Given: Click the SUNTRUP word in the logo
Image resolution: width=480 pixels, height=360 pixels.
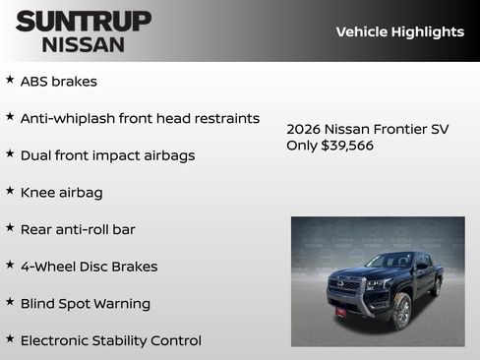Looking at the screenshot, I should (x=84, y=21).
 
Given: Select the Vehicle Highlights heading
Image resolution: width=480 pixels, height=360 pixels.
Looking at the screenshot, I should (x=399, y=31).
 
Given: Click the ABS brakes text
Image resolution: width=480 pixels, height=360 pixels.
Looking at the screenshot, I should (x=58, y=82).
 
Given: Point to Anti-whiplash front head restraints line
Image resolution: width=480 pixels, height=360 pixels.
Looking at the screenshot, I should (x=140, y=118).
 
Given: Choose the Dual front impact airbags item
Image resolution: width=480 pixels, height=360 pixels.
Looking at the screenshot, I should (x=107, y=155).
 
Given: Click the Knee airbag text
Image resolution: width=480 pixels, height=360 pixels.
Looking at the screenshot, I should (x=61, y=193).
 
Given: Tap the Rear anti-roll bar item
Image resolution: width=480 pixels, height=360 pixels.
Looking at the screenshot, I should (x=78, y=229).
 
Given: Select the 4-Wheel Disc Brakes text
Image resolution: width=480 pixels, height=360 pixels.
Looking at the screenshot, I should (x=89, y=267).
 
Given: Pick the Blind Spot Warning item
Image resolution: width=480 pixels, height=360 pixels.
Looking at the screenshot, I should (x=85, y=304).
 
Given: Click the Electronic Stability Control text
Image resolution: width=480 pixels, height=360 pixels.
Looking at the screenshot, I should (x=110, y=340).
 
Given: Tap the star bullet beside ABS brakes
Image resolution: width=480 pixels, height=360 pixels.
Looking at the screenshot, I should (x=10, y=80).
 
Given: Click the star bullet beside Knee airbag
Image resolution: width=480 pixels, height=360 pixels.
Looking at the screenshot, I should (x=10, y=191).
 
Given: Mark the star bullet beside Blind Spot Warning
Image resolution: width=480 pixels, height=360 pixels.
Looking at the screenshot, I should (x=10, y=302).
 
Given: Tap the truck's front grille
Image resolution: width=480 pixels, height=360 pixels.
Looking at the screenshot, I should (x=346, y=285).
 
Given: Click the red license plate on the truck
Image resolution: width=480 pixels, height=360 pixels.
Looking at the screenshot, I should (x=340, y=311).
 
